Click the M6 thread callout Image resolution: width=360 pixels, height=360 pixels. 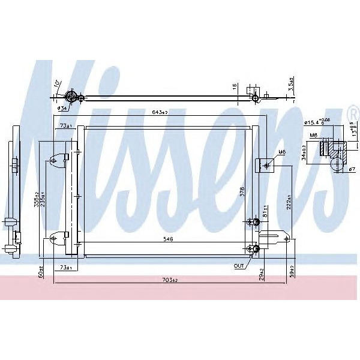coord(280,152)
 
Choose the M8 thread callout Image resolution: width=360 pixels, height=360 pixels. coord(314,136)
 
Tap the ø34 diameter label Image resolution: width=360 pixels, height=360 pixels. coord(62,109)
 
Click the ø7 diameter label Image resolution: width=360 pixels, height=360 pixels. coord(352,169)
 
